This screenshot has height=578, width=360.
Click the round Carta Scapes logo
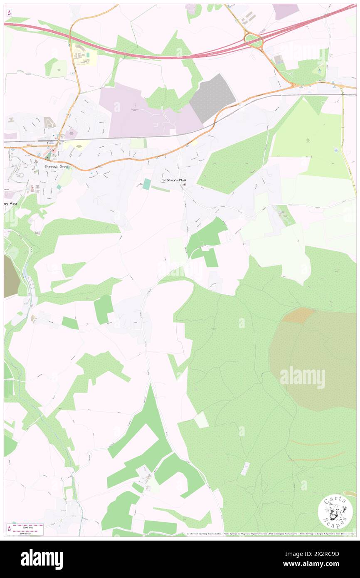[x=335, y=511]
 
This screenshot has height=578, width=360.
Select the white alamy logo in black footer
[x=42, y=558]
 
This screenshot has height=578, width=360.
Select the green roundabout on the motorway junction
[x=253, y=41]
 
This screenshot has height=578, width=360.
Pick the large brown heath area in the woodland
[x=316, y=358]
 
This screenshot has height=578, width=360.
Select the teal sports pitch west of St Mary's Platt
[x=146, y=184]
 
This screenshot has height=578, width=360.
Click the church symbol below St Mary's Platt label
[x=185, y=185]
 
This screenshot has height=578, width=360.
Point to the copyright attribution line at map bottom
[x=270, y=534]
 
